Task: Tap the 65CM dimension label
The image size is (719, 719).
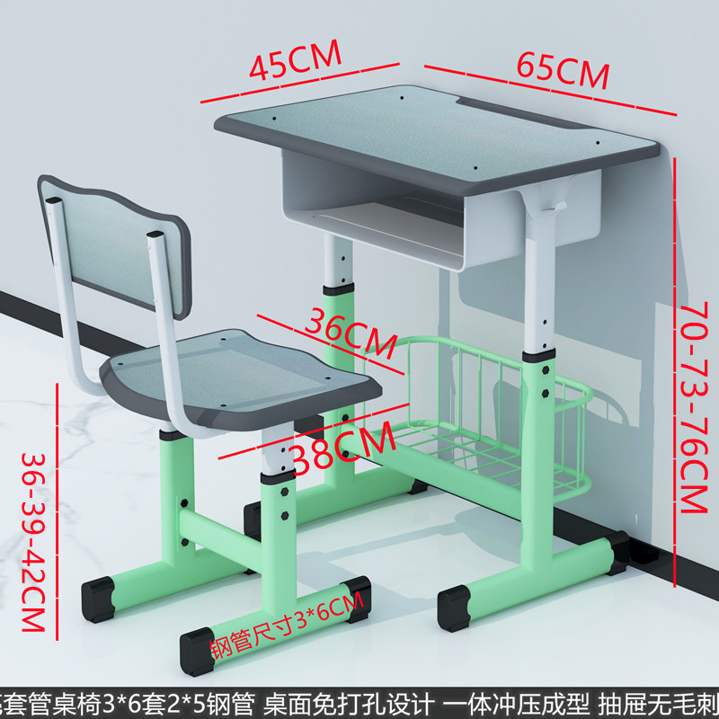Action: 563,70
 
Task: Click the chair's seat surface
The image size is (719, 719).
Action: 243,368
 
